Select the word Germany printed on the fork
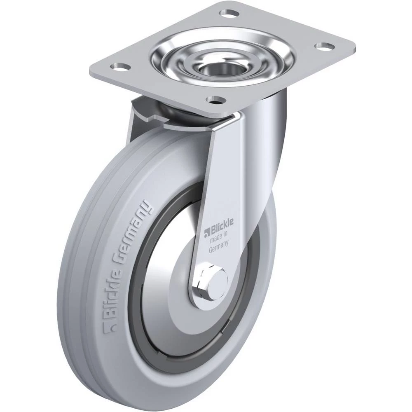(219, 247)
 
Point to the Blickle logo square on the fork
(206, 231)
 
